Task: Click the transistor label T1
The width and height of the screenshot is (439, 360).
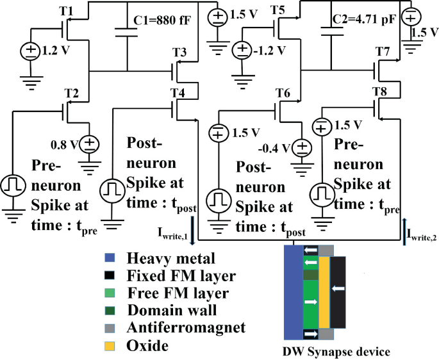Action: [x=67, y=12]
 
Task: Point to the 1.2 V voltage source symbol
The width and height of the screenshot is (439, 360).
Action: [x=31, y=49]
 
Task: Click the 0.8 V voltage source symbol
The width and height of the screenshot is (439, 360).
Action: [x=89, y=143]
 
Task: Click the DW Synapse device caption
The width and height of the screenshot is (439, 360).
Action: [x=336, y=352]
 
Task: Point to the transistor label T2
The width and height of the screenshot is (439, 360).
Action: [x=72, y=93]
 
